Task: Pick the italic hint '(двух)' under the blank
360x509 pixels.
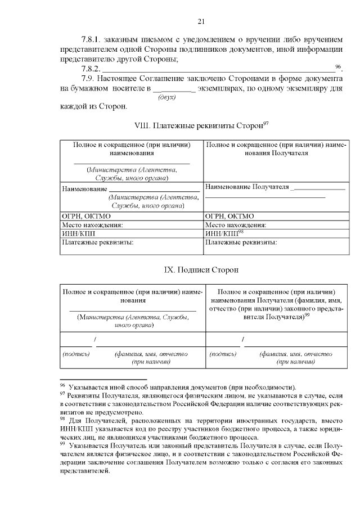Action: (167, 97)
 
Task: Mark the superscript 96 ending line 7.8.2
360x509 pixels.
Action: (338, 66)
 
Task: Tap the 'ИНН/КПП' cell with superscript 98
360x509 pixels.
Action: (224, 233)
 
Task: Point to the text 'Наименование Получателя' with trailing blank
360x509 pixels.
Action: (247, 187)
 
